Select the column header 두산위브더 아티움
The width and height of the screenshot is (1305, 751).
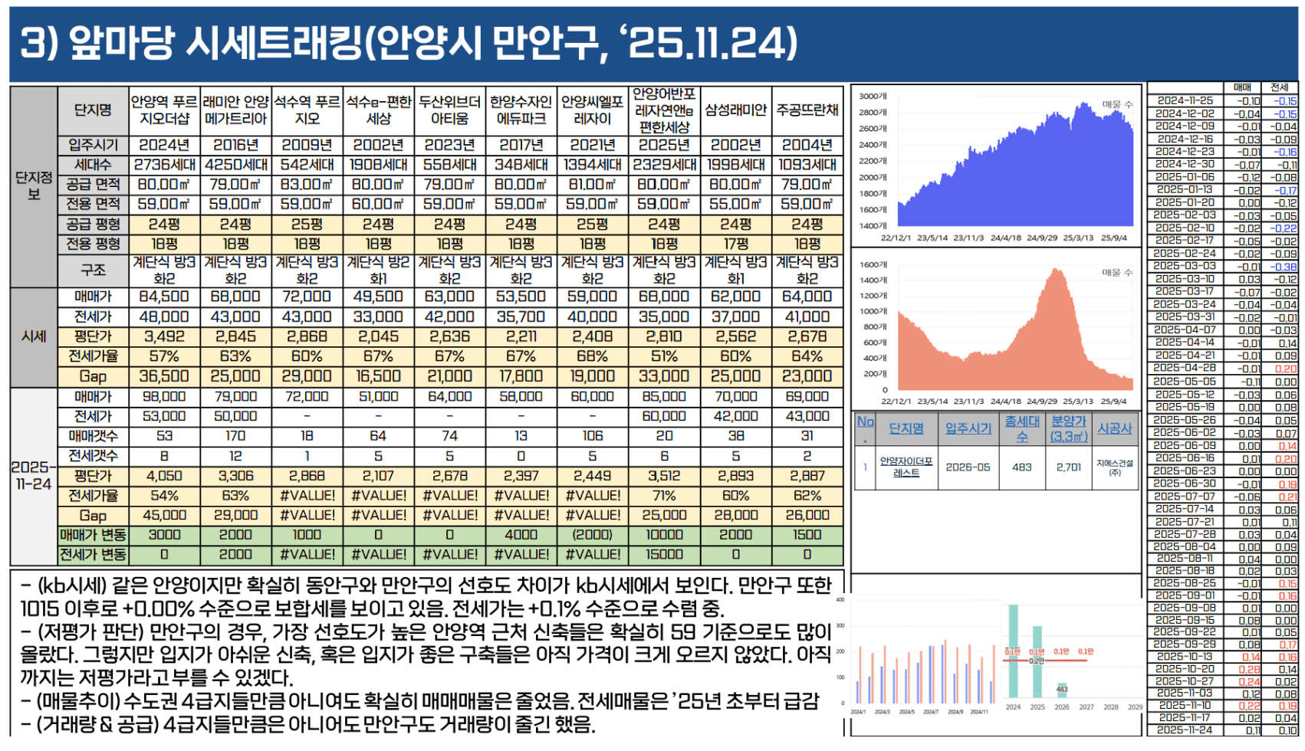click(x=449, y=110)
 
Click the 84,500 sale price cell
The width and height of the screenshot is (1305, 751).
click(x=164, y=297)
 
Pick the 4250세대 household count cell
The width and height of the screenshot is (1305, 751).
click(x=235, y=165)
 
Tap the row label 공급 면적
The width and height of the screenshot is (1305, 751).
click(x=93, y=185)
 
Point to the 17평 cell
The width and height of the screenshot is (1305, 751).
click(x=735, y=244)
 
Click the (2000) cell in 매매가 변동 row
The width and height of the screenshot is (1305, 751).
click(x=592, y=535)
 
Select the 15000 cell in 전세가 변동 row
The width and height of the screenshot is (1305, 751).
click(x=664, y=554)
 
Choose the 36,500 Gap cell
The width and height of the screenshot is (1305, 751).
click(x=164, y=376)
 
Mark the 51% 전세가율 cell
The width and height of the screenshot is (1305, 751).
click(x=664, y=356)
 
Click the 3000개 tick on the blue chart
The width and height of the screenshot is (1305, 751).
click(x=873, y=97)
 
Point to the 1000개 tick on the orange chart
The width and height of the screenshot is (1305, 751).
click(x=873, y=311)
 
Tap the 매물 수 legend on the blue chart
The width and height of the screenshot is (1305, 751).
click(x=1117, y=104)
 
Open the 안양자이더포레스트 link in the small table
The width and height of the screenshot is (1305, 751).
click(x=906, y=467)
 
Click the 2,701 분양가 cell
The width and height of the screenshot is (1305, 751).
click(x=1069, y=467)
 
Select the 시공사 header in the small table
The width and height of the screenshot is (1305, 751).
click(x=1114, y=429)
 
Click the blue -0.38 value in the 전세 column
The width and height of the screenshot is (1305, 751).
click(x=1284, y=267)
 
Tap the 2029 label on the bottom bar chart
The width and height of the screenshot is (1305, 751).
click(x=1135, y=707)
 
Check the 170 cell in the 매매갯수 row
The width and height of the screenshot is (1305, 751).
click(x=235, y=436)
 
